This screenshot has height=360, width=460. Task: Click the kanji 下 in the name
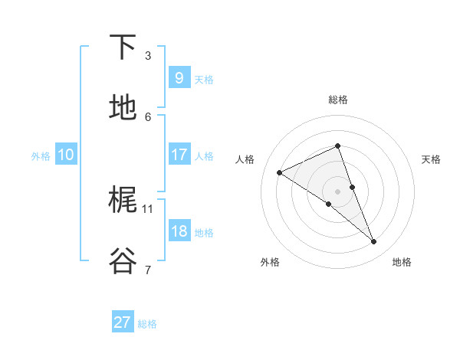coord(123,47)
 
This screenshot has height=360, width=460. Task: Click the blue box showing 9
coord(179,77)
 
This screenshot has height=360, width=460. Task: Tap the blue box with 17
coord(179,155)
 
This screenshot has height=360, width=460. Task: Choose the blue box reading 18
coord(179,231)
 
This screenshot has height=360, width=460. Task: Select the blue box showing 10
coord(65,155)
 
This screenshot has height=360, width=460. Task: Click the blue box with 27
coord(123,322)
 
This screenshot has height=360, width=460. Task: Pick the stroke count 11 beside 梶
coord(148,208)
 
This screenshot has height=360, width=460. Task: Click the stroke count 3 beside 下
coord(148,56)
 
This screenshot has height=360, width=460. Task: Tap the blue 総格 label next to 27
coord(147,324)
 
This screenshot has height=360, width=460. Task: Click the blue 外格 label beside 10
coord(41,156)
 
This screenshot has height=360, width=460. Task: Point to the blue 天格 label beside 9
coord(204,80)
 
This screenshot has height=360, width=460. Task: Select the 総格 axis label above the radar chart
coord(337,100)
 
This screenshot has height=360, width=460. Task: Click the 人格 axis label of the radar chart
coord(245,159)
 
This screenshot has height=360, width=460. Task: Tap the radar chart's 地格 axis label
coord(402,262)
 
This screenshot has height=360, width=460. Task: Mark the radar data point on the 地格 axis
coord(374,242)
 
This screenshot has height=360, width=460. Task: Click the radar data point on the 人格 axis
coord(279,173)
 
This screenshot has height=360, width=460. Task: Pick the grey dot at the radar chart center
coord(337,191)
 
